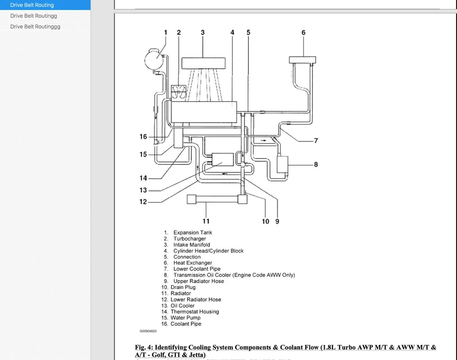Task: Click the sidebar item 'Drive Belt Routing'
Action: pyautogui.click(x=32, y=5)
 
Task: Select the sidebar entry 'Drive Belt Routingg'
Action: pyautogui.click(x=33, y=16)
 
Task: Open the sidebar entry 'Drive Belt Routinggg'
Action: pyautogui.click(x=35, y=27)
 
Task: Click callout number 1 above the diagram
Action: pyautogui.click(x=166, y=32)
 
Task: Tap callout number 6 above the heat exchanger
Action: pyautogui.click(x=303, y=32)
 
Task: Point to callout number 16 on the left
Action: pyautogui.click(x=143, y=137)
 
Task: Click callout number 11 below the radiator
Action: pyautogui.click(x=206, y=221)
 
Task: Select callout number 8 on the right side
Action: pyautogui.click(x=316, y=164)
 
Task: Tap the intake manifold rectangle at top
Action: pyautogui.click(x=203, y=62)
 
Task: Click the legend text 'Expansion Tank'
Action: pyautogui.click(x=193, y=232)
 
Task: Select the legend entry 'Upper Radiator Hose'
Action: pyautogui.click(x=199, y=281)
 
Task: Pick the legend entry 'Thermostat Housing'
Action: pyautogui.click(x=195, y=311)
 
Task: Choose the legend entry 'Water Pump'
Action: pyautogui.click(x=186, y=318)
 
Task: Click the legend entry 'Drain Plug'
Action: pyautogui.click(x=183, y=287)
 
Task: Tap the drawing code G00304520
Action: pyautogui.click(x=148, y=331)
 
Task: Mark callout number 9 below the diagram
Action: pyautogui.click(x=277, y=221)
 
